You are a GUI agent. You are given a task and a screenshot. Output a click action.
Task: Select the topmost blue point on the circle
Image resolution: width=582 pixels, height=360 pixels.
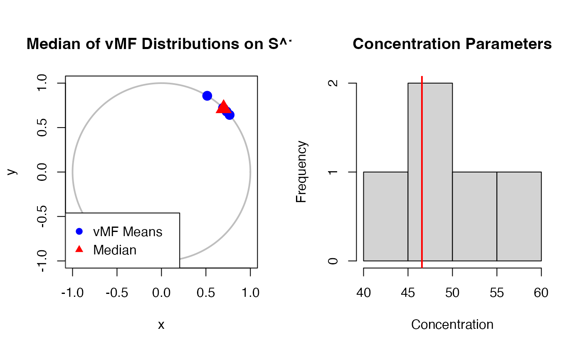click(207, 96)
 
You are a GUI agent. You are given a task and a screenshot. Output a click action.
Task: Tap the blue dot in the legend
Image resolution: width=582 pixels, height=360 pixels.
click(79, 231)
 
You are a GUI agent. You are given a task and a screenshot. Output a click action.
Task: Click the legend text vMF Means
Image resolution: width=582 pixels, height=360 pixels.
click(128, 232)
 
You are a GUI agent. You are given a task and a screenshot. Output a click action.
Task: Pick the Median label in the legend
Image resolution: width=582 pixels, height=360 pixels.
click(115, 250)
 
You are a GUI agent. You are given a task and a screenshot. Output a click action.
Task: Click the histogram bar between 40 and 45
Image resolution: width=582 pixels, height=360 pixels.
click(385, 216)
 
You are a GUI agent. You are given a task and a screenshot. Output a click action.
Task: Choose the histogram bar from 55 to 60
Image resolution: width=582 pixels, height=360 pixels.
click(519, 216)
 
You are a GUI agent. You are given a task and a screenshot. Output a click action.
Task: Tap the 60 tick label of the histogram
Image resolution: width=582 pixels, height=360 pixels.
click(541, 293)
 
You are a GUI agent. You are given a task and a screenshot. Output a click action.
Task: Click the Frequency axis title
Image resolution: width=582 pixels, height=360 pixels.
click(301, 172)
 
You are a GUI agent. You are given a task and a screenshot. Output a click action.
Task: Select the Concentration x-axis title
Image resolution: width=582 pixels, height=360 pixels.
click(452, 324)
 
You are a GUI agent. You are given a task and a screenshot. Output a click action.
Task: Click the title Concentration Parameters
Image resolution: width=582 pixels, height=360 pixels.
click(452, 44)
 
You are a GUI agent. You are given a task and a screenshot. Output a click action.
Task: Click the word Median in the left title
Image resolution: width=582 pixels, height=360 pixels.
click(47, 44)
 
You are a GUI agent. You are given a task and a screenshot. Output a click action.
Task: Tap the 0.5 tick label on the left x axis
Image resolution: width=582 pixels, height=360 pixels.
click(206, 293)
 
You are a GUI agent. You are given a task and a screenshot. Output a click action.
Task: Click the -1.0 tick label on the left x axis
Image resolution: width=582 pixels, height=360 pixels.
click(73, 293)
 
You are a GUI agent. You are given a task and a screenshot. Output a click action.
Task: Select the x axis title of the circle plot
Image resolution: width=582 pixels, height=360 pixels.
click(161, 325)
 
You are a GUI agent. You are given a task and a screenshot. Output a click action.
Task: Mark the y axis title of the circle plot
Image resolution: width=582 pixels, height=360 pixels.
click(13, 172)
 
